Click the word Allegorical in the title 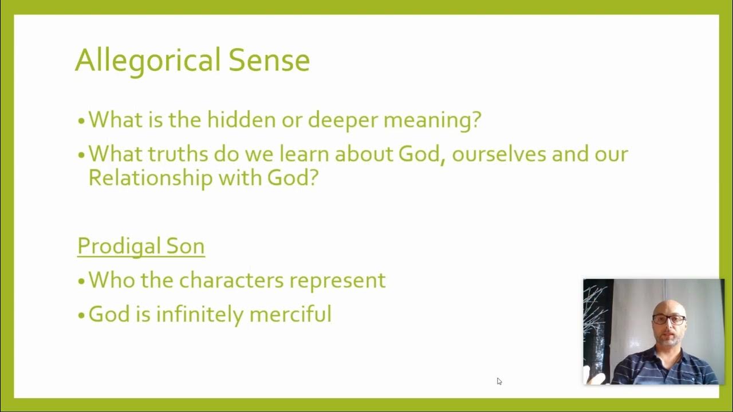pos(147,60)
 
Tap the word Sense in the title pos(269,60)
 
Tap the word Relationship pos(150,178)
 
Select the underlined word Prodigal pos(117,246)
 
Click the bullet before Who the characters pos(82,282)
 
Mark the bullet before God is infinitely pos(82,315)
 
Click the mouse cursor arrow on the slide pos(499,381)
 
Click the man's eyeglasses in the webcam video pos(669,320)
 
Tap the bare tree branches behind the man pos(596,303)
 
